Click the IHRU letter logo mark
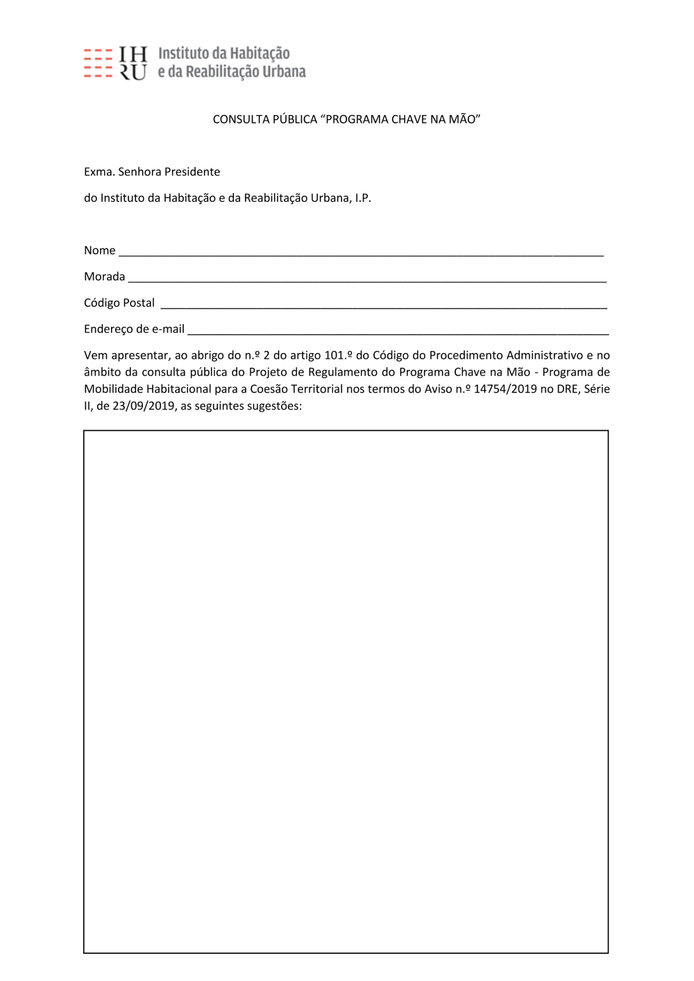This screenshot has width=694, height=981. [133, 63]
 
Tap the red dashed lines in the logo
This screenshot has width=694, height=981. [98, 63]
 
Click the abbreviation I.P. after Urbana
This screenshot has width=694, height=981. [363, 198]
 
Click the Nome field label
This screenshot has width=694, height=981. [99, 250]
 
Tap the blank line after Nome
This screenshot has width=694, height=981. [361, 254]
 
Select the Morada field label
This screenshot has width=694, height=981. [104, 277]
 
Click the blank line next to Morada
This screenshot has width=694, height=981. [368, 280]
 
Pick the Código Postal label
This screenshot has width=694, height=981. [119, 303]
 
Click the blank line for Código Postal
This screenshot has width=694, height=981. [384, 307]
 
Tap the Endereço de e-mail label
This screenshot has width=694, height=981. [134, 330]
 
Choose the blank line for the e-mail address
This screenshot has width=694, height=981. [398, 333]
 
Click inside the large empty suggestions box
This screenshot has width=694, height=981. [346, 691]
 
